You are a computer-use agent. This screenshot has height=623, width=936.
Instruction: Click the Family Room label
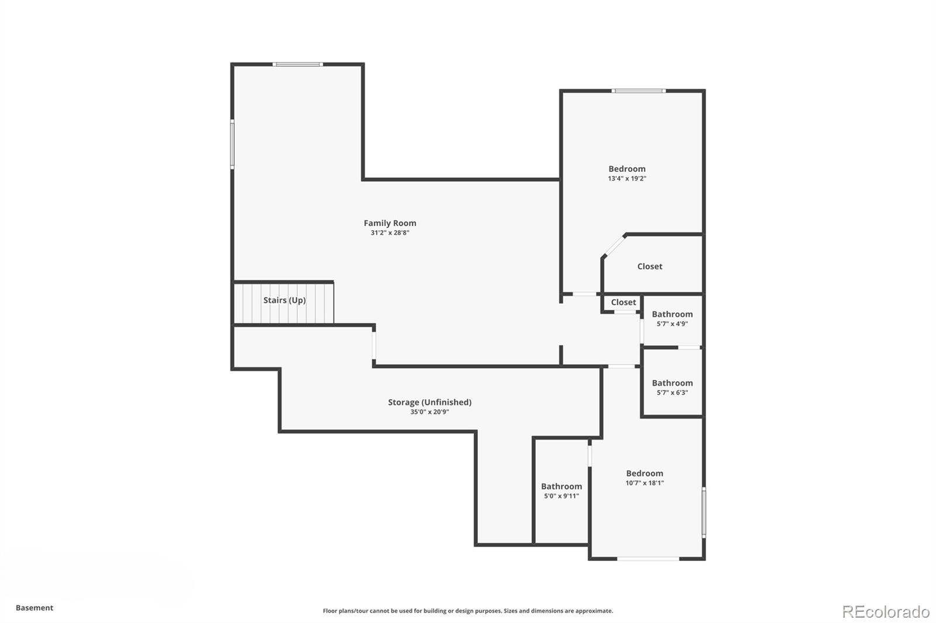click(x=390, y=223)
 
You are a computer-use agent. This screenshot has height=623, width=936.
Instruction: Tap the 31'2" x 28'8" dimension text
click(x=390, y=233)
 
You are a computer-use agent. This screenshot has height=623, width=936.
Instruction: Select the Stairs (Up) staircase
click(x=284, y=303)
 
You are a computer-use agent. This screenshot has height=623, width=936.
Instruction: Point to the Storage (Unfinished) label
click(x=429, y=402)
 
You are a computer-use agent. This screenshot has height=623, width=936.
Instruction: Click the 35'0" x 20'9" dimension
click(x=429, y=411)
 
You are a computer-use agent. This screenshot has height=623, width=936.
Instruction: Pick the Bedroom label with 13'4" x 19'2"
click(x=627, y=169)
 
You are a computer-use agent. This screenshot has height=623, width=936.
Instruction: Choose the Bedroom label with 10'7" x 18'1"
click(x=644, y=473)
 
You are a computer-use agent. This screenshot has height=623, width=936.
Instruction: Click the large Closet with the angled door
click(x=649, y=266)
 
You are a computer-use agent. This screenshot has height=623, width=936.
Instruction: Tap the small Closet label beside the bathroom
click(x=624, y=302)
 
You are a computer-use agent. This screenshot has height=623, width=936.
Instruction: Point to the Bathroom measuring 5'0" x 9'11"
click(x=561, y=491)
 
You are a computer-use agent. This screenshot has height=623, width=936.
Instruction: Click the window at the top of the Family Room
click(x=298, y=64)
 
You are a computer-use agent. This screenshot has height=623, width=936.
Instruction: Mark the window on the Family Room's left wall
click(x=232, y=144)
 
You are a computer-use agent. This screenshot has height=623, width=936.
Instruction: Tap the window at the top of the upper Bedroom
click(x=638, y=91)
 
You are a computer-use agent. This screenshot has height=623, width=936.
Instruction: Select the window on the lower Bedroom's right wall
click(x=704, y=513)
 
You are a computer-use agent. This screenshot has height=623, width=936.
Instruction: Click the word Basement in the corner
click(x=35, y=608)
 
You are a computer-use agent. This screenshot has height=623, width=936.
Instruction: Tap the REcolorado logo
click(x=886, y=612)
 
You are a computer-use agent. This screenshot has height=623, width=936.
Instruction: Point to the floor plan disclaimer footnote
click(x=467, y=611)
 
